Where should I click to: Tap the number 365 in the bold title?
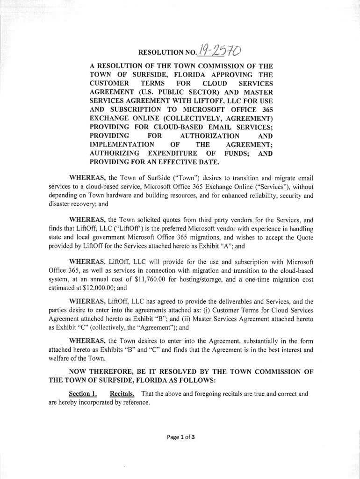click(x=264, y=109)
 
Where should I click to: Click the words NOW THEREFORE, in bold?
click(x=99, y=372)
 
